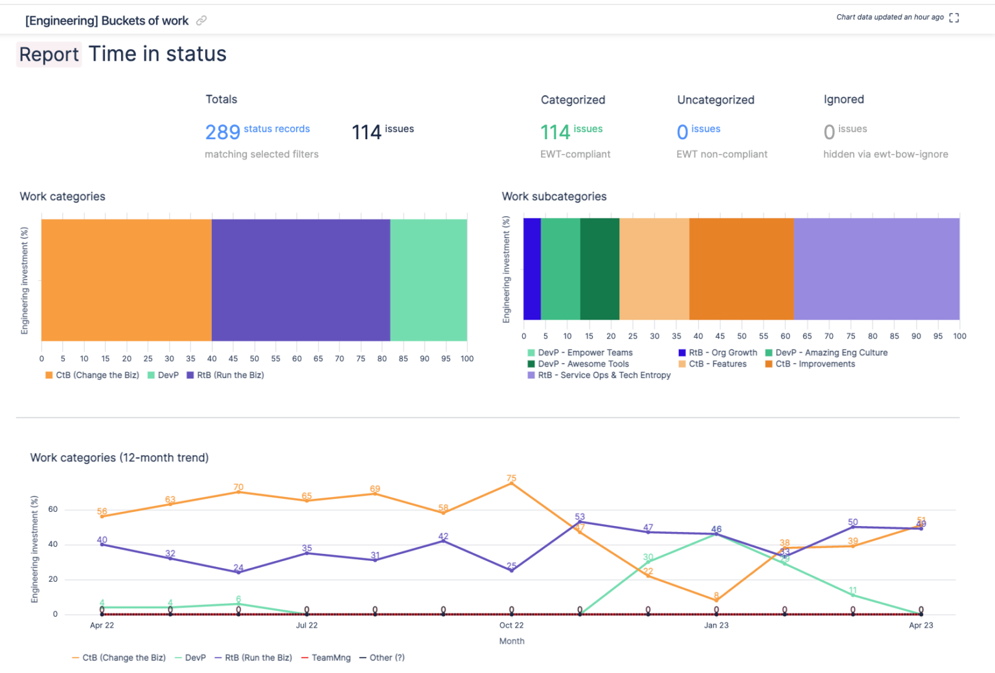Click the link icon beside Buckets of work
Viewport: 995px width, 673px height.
tap(201, 21)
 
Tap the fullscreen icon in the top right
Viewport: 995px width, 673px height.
tap(954, 17)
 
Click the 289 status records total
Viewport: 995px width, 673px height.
tap(257, 131)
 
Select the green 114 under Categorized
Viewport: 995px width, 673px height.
tap(555, 132)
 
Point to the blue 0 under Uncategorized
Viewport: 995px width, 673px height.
tap(682, 132)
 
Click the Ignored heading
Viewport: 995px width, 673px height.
tap(843, 99)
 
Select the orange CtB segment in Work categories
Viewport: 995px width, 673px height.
tap(126, 280)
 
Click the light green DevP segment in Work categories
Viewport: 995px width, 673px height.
tap(428, 280)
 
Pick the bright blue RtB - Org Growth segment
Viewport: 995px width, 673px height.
tap(532, 269)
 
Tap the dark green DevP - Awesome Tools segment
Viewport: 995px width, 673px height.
tap(599, 269)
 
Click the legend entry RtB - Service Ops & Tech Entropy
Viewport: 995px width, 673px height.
tap(603, 375)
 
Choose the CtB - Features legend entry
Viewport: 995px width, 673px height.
tap(717, 364)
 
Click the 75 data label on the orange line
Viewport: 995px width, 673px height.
tap(512, 478)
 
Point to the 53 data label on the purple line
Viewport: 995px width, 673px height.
tap(580, 516)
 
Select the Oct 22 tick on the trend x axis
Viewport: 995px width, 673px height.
tap(511, 625)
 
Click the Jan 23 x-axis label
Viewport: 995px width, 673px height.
tap(716, 625)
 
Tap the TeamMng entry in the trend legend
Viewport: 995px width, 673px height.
tap(330, 657)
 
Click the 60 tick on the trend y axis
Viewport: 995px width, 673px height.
tap(53, 509)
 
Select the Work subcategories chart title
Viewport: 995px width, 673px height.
tap(554, 196)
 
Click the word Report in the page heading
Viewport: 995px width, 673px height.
tap(49, 54)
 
